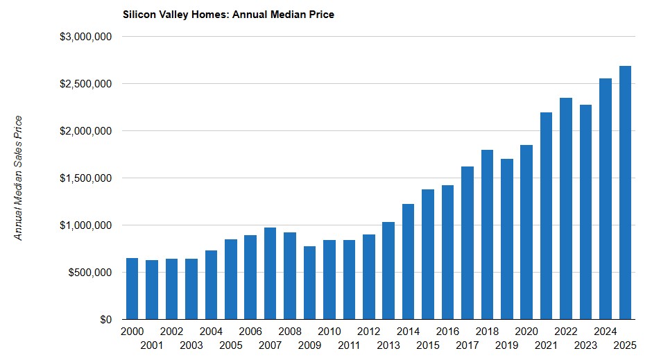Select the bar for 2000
tap(132, 289)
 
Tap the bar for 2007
tap(270, 273)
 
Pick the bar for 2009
tap(309, 283)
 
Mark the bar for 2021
tap(546, 216)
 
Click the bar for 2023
tap(585, 212)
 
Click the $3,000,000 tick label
tap(87, 37)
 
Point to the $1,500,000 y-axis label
tap(87, 178)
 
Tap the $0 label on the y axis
tap(104, 320)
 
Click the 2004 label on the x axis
tap(211, 332)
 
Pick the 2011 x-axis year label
tap(349, 345)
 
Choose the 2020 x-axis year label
tap(526, 332)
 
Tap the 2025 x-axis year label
tap(625, 345)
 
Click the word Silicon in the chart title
tap(137, 14)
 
